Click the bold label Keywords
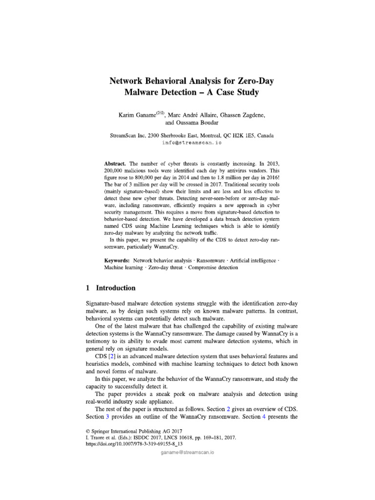[118, 261]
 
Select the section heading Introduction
[116, 288]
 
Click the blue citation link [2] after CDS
[111, 357]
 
